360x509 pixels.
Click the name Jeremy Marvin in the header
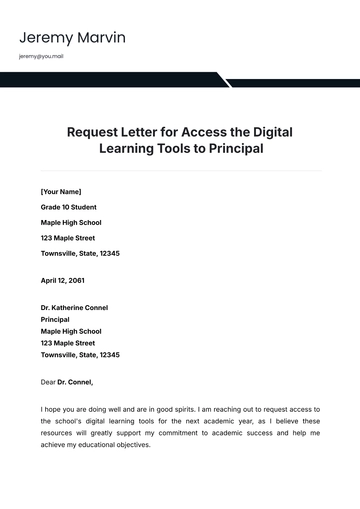[71, 39]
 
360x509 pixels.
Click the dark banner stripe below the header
[110, 80]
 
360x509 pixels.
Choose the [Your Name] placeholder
[61, 190]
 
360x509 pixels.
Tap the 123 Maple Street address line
[68, 238]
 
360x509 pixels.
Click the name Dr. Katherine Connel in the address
[74, 307]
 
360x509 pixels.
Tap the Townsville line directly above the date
[80, 254]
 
